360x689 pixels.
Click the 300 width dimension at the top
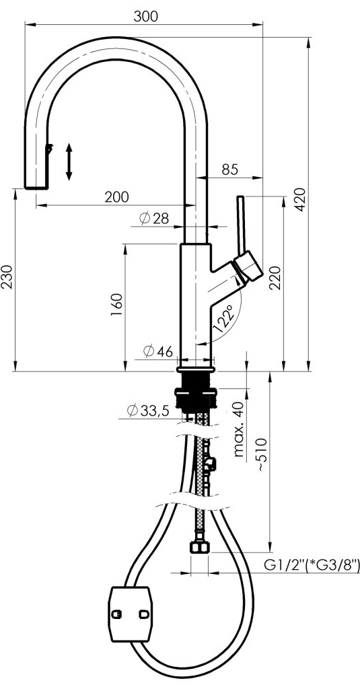click(x=145, y=16)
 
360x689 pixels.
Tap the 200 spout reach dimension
click(x=116, y=197)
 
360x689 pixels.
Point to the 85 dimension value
click(x=229, y=169)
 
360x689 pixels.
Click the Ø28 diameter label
click(x=154, y=218)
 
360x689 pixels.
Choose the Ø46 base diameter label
click(x=158, y=351)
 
